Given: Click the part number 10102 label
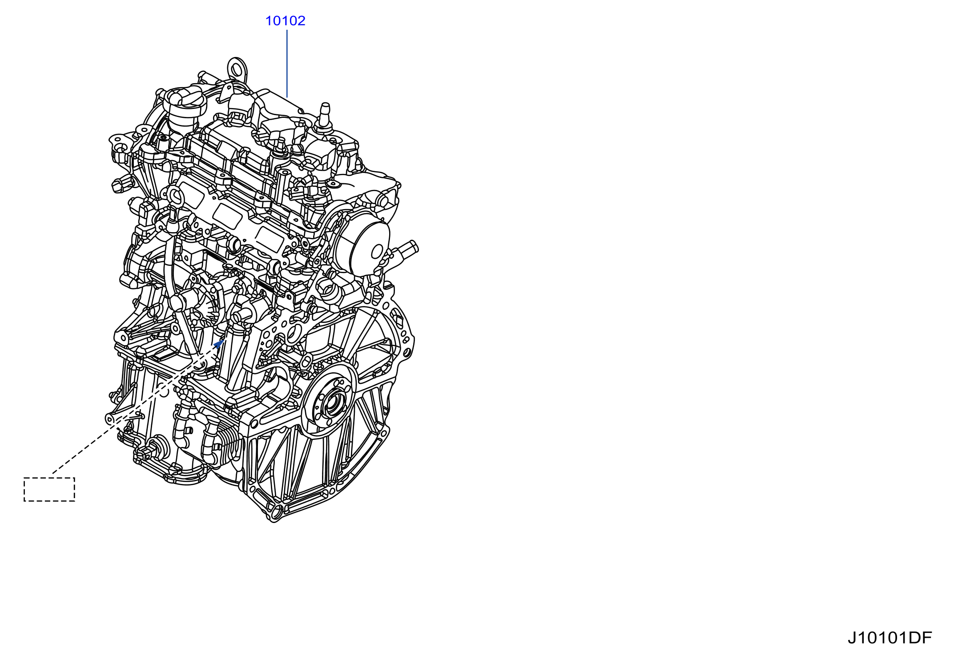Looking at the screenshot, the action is click(285, 21).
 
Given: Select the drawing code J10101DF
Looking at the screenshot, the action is click(890, 638).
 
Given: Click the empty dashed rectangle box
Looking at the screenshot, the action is click(49, 490).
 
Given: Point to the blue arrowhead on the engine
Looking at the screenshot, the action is click(219, 343).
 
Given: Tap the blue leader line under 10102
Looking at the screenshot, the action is click(287, 64).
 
